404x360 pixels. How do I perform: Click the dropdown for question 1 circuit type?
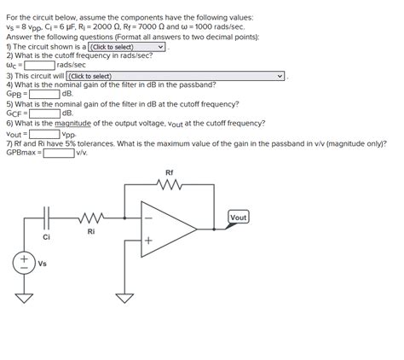tap(127, 47)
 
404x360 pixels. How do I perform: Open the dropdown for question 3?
tap(176, 75)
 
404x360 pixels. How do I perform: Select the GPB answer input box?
tap(43, 94)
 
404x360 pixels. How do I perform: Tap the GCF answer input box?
tap(43, 113)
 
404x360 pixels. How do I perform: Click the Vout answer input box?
tap(43, 133)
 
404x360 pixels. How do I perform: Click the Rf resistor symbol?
tap(169, 185)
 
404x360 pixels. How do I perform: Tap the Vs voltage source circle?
tap(25, 261)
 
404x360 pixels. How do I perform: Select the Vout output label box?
tap(239, 218)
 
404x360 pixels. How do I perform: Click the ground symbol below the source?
tap(25, 298)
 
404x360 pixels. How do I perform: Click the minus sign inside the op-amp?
tap(147, 217)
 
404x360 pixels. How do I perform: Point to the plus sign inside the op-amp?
tap(147, 241)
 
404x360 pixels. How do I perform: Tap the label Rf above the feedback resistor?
tap(169, 173)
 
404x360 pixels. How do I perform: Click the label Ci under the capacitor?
tap(46, 236)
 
